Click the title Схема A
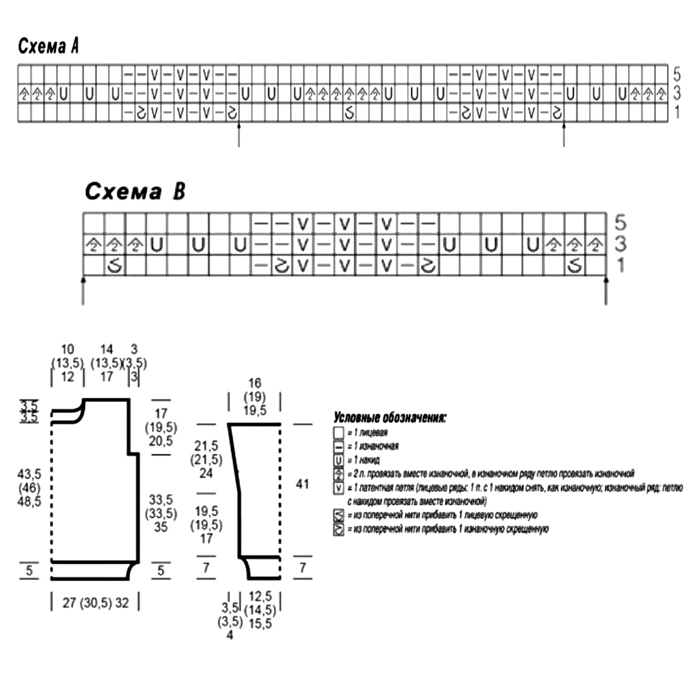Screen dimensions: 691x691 pos(48,46)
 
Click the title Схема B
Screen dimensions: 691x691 pos(135,191)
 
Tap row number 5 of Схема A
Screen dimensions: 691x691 pos(677,74)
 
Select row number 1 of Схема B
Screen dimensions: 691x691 pos(620,265)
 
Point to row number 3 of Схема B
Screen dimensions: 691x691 pos(620,244)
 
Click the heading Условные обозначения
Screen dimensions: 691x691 pos(390,418)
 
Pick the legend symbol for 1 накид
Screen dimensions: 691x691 pos(339,460)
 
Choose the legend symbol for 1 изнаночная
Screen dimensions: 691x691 pos(339,446)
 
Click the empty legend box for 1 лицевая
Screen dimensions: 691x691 pos(339,432)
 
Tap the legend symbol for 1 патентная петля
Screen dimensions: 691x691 pos(339,488)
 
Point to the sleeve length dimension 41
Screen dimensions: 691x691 pos(302,484)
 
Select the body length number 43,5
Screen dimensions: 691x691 pos(30,473)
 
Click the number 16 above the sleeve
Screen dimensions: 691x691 pos(255,383)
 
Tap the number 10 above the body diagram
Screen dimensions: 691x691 pos(67,349)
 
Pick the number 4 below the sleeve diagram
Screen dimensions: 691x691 pos(230,636)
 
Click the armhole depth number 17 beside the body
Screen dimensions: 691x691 pos(161,413)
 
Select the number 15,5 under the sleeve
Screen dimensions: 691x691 pos(260,624)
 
